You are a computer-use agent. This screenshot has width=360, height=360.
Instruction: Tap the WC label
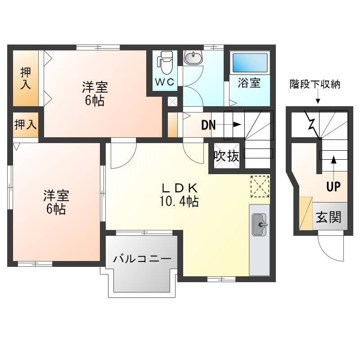[165, 82]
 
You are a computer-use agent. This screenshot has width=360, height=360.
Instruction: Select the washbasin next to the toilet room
[193, 58]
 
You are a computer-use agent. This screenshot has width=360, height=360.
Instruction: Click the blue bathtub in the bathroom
[250, 63]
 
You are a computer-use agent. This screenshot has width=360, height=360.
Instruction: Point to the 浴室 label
[249, 83]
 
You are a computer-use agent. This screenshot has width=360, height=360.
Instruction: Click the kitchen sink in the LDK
[260, 225]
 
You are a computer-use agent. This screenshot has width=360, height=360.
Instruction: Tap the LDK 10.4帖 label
[179, 195]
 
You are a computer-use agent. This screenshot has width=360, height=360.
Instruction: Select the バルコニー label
[142, 259]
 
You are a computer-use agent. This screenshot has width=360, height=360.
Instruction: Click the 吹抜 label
[226, 156]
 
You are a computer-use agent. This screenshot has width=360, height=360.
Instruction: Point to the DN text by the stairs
[208, 126]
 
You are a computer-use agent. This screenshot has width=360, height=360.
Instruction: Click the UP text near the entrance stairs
[333, 187]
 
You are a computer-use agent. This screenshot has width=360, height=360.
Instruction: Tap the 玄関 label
[329, 217]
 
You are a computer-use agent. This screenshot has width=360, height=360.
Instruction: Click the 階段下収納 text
[315, 85]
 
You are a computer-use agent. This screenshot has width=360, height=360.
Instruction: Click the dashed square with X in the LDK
[260, 186]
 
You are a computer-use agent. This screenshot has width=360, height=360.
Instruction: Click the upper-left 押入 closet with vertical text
[26, 78]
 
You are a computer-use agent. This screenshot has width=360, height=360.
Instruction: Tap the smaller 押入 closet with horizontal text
[26, 125]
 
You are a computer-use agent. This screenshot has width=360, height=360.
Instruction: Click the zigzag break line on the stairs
[312, 124]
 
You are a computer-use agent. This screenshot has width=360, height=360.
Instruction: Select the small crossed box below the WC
[172, 102]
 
